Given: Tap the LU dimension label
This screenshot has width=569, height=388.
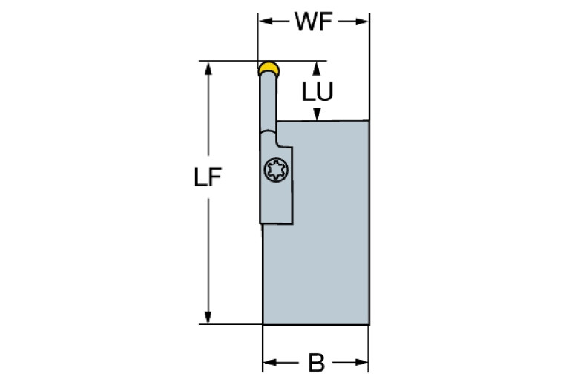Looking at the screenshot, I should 317,91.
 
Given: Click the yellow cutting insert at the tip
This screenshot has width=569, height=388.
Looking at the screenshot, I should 269,69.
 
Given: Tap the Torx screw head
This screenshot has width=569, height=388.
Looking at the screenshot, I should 277,170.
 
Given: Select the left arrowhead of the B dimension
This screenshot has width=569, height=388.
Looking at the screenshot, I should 269,364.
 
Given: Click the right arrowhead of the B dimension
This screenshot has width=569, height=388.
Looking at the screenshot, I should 364,364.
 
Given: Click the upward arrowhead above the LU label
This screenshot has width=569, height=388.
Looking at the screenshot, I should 318,68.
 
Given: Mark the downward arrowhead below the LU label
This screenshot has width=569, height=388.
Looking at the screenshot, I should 318,114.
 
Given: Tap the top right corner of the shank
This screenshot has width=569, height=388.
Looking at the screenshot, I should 369,121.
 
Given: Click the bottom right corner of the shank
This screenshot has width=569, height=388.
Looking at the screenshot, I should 369,324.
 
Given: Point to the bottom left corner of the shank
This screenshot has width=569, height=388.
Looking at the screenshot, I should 263,324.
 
